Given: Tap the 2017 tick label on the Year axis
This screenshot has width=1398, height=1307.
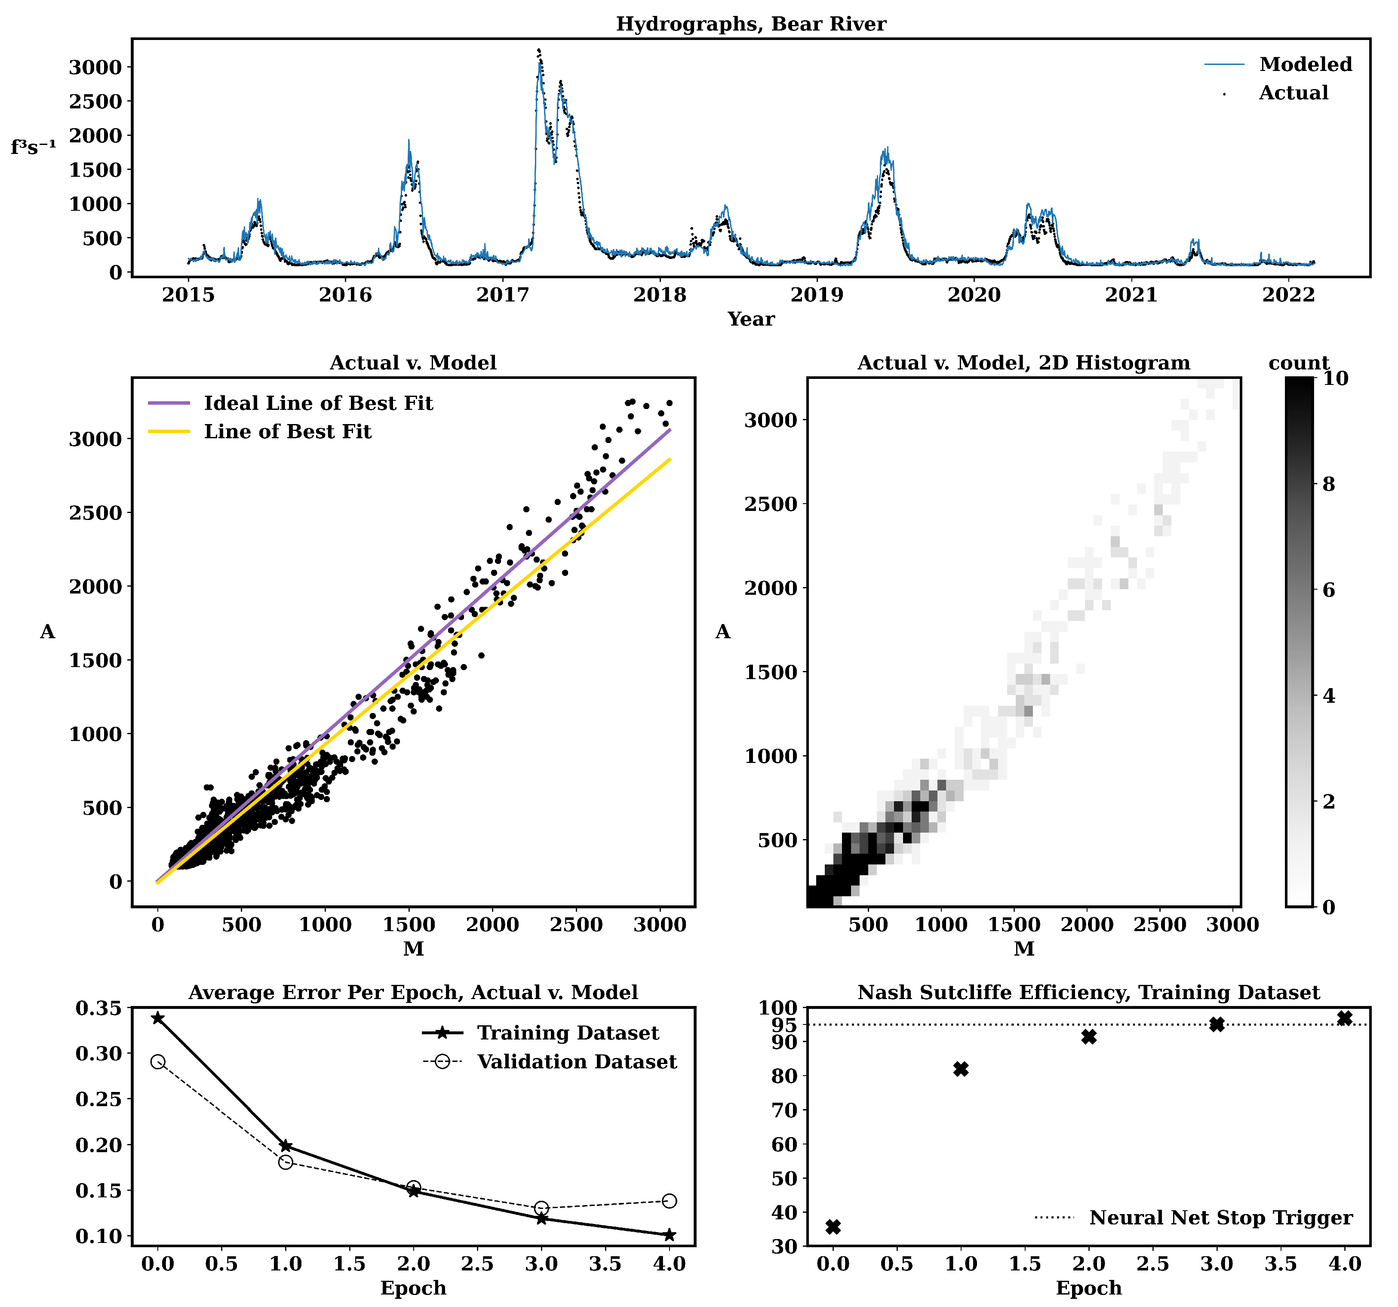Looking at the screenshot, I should [x=502, y=295].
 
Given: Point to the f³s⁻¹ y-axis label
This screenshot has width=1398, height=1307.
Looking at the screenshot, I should [x=33, y=147].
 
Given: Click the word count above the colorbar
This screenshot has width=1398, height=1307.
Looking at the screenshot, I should [x=1298, y=363].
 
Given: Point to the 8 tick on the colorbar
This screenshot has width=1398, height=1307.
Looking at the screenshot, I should [x=1327, y=484].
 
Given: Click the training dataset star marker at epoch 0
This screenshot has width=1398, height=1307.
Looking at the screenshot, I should [x=157, y=1018].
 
